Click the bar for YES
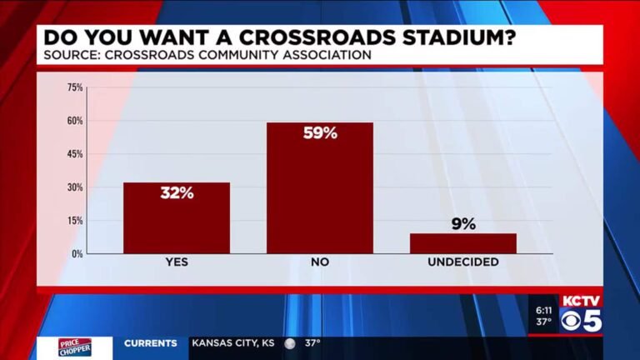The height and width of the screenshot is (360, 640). coord(177,217)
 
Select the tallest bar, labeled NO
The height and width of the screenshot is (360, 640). coord(320,187)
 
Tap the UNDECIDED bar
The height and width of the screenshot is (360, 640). coord(463,243)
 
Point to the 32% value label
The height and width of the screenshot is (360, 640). coord(177,192)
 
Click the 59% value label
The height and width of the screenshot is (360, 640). coord(320,132)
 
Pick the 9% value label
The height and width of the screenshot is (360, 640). coord(463,223)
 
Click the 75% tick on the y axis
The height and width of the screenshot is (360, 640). coord(75,87)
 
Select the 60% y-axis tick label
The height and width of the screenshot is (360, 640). coord(75,121)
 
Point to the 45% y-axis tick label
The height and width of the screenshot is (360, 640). coord(75,154)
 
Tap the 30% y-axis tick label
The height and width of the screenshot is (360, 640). coord(75,187)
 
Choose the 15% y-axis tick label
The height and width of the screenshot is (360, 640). coord(75,221)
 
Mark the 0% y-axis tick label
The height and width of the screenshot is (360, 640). coord(77,253)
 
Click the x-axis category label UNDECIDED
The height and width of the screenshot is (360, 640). coord(463,262)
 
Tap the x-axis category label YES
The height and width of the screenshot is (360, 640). coord(177,262)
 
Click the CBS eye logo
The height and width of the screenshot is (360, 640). coord(571,321)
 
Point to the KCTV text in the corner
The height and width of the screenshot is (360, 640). coord(581,301)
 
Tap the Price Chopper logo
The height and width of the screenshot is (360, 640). coord(74,347)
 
